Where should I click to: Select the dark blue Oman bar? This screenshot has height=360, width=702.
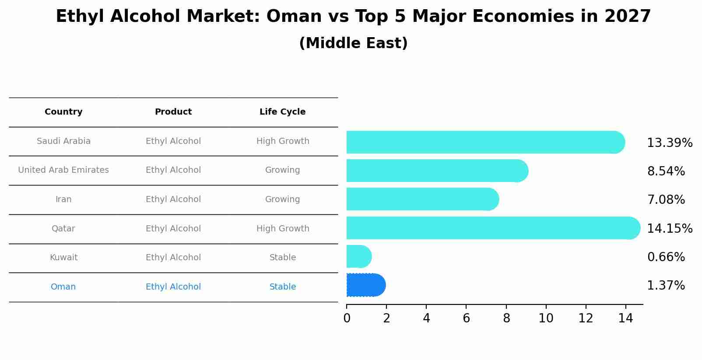[x=365, y=285]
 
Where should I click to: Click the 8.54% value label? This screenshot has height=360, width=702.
[x=666, y=171]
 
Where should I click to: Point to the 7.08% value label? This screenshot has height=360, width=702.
[x=666, y=200]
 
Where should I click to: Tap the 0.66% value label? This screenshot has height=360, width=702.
[x=666, y=257]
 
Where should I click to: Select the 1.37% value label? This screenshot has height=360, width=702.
[x=666, y=286]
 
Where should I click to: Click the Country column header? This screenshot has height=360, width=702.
[x=63, y=112]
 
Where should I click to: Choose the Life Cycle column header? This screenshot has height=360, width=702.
[x=282, y=112]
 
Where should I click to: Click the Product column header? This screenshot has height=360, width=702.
[x=173, y=112]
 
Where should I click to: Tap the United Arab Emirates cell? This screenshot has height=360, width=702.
[x=63, y=170]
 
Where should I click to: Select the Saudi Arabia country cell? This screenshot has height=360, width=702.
[x=63, y=141]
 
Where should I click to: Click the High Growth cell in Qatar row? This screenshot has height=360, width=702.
[x=283, y=229]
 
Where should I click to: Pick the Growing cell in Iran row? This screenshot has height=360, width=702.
[x=282, y=199]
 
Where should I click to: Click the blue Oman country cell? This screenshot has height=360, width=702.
[x=63, y=287]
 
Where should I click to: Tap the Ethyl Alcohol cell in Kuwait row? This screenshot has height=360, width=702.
[x=173, y=258]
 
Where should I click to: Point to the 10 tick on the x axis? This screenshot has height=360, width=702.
[x=546, y=318]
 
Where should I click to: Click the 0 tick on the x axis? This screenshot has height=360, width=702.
[x=347, y=318]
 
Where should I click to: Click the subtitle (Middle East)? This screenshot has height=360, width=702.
[x=353, y=43]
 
